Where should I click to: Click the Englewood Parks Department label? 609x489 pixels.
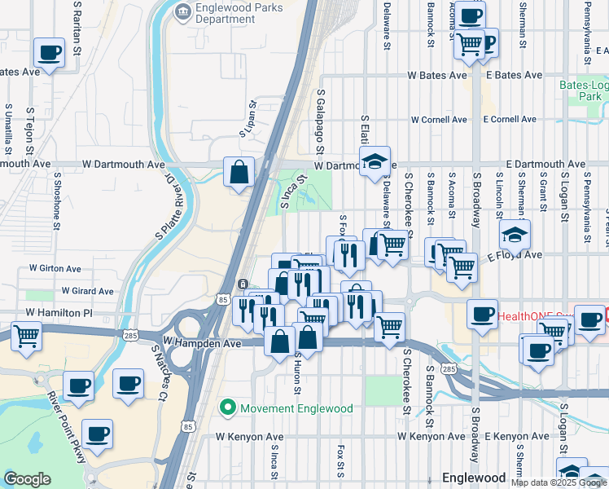[230, 13]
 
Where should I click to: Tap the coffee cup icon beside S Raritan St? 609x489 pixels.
[49, 53]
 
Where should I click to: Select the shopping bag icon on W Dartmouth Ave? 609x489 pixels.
[239, 172]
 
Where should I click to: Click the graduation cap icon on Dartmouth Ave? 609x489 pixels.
[375, 161]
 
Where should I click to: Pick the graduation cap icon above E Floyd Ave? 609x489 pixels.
[515, 235]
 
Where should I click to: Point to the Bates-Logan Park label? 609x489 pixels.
[583, 90]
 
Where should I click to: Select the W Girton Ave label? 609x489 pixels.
[55, 268]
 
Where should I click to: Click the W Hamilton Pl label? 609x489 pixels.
[59, 313]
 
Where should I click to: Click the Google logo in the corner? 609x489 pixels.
[27, 479]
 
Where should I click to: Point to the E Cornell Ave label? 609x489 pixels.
[509, 119]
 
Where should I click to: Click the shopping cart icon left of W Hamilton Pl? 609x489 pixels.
[26, 334]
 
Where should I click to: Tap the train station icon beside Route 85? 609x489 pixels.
[242, 283]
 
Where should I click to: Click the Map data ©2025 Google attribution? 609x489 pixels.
[559, 482]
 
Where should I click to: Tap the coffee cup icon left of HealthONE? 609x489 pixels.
[482, 314]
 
